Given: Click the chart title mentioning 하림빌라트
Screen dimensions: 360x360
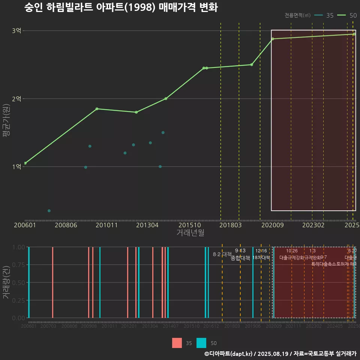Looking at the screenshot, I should [121, 7].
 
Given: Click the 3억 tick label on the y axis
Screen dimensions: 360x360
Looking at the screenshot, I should [16, 31].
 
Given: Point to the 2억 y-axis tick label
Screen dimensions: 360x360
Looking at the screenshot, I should [16, 99].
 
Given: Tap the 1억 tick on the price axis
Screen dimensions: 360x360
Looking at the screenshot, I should [16, 167].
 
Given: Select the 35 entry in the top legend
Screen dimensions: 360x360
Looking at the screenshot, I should [325, 15].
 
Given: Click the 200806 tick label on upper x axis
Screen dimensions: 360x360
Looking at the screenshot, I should [66, 225].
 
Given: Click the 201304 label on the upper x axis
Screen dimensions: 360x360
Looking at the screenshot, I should [147, 225].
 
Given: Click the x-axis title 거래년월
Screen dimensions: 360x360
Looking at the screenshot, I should [190, 233].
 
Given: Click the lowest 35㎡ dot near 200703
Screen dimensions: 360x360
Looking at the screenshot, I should [49, 211].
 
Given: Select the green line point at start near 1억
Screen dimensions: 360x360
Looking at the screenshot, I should [25, 163].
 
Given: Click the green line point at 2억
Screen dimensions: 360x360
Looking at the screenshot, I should [166, 99].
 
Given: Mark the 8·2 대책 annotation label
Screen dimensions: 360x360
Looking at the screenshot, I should [222, 254].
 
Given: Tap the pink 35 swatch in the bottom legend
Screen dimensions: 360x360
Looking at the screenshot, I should [177, 343].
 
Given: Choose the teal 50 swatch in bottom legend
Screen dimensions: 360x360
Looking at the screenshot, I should [201, 343].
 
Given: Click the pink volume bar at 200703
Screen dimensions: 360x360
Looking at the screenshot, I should [52, 282].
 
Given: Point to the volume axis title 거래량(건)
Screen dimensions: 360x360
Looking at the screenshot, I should [6, 282].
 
